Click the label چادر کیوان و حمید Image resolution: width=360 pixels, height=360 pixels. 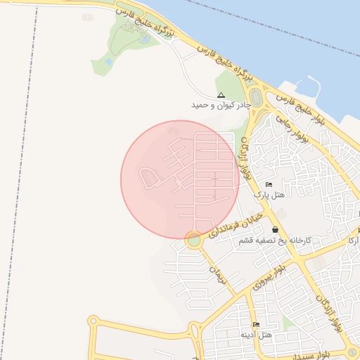pyautogui.click(x=221, y=105)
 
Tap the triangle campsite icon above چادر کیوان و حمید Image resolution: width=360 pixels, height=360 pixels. pyautogui.click(x=221, y=95)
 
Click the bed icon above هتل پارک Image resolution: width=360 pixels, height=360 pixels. pyautogui.click(x=269, y=184)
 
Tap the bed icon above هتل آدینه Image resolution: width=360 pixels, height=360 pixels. pyautogui.click(x=256, y=325)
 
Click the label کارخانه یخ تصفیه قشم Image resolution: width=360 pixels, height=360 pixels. pyautogui.click(x=274, y=240)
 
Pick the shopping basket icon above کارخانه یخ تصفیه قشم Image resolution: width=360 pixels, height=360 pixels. pyautogui.click(x=274, y=230)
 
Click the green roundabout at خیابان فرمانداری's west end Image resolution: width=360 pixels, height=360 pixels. pyautogui.click(x=194, y=240)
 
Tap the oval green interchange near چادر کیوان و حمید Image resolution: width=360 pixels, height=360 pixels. pyautogui.click(x=255, y=99)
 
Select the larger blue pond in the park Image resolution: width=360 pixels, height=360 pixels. pyautogui.click(x=144, y=39)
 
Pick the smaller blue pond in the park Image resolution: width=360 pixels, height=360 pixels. pyautogui.click(x=109, y=62)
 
